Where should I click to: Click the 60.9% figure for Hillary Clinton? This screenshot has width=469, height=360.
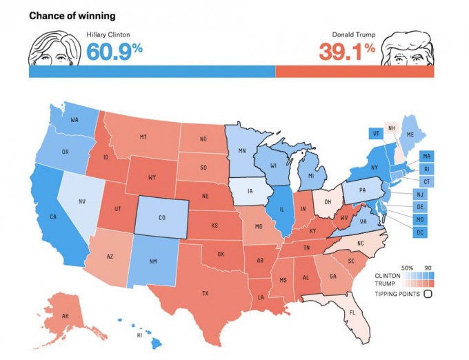pyautogui.click(x=114, y=50)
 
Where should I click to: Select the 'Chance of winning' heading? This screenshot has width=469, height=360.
pyautogui.click(x=72, y=15)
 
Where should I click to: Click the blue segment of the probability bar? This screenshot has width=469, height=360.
pyautogui.click(x=152, y=72)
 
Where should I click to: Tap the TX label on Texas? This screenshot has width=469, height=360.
pyautogui.click(x=205, y=294)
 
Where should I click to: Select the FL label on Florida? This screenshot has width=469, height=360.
pyautogui.click(x=352, y=311)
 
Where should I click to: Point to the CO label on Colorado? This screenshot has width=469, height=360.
pyautogui.click(x=162, y=218)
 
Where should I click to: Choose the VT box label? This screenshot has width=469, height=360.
pyautogui.click(x=376, y=133)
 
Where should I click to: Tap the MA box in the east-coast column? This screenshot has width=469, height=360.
pyautogui.click(x=427, y=156)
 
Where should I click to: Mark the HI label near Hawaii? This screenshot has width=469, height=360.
pyautogui.click(x=139, y=335)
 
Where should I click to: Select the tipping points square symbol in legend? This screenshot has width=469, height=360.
pyautogui.click(x=428, y=294)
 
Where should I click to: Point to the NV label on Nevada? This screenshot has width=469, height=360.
pyautogui.click(x=83, y=201)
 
